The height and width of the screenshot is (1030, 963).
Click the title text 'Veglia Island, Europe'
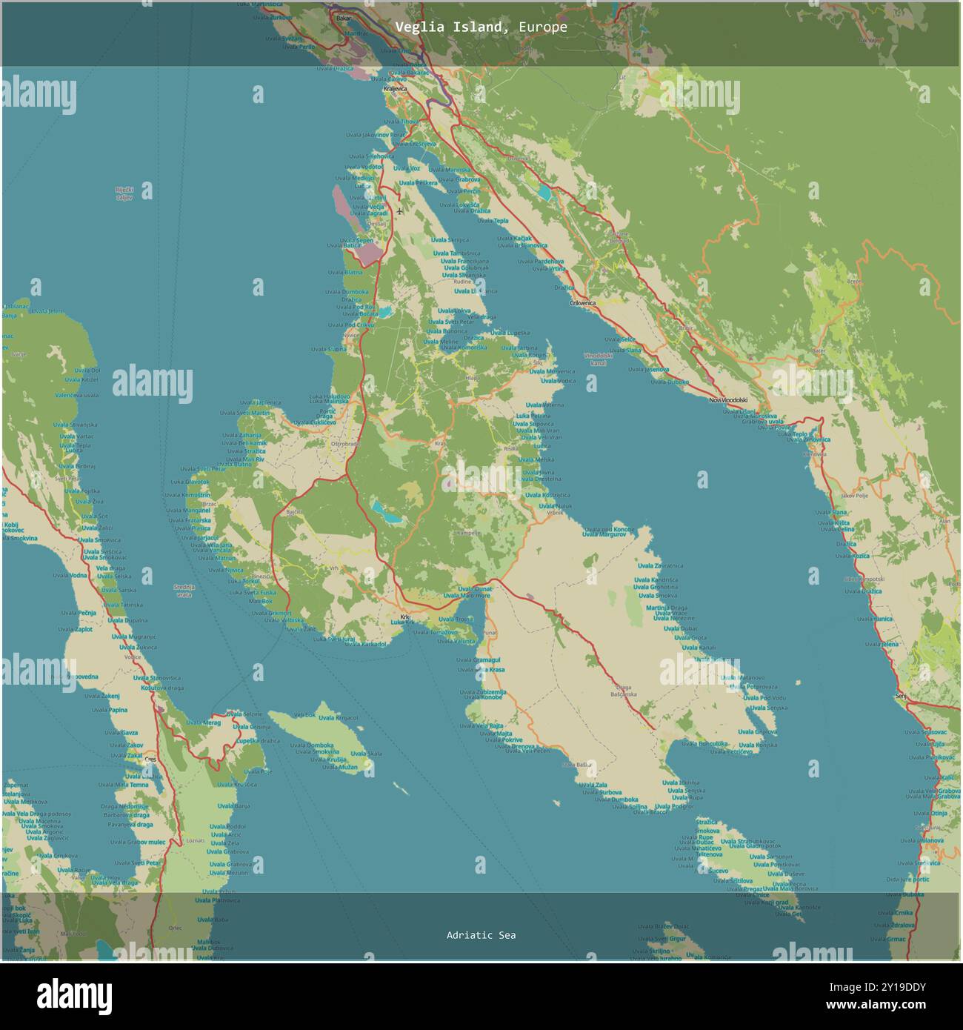[481, 27]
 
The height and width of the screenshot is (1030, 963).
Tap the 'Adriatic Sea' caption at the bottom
[481, 935]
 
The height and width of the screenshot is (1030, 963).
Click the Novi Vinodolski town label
[729, 400]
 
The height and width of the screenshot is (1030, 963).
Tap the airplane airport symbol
[400, 211]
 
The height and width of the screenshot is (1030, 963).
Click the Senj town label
[901, 696]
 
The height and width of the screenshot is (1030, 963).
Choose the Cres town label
[151, 760]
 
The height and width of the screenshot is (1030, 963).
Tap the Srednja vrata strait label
[183, 591]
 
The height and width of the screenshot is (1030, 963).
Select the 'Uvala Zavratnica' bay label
[658, 565]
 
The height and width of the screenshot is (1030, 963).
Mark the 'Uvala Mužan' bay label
[342, 767]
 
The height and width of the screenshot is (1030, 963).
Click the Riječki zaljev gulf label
[124, 193]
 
